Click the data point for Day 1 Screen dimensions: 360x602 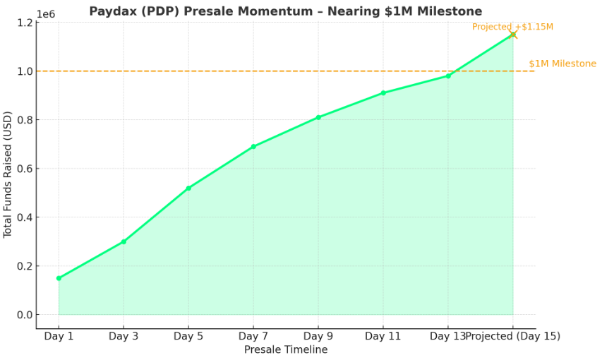tap(59, 278)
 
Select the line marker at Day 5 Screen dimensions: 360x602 tap(188, 188)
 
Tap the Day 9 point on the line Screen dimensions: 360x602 tap(318, 117)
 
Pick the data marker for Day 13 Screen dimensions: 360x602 tap(448, 76)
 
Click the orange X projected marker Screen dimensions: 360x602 tap(513, 35)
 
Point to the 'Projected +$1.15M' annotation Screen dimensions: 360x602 tap(512, 27)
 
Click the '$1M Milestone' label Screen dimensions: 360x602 tap(562, 64)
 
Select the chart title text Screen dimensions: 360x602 tap(285, 11)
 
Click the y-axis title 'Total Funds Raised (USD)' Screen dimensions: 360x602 tap(8, 174)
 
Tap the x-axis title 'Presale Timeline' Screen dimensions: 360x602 tap(285, 349)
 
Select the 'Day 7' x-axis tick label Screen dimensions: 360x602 tap(253, 336)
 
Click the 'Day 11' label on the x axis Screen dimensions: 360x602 tap(383, 336)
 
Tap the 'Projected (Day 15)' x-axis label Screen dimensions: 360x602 tap(513, 336)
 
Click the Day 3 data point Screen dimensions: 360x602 tap(124, 241)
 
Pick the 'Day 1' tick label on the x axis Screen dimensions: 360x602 tap(59, 336)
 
